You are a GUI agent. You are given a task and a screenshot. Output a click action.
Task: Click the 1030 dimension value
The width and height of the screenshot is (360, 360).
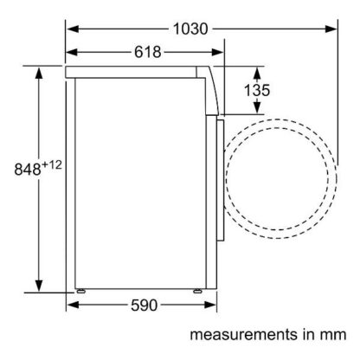pyautogui.click(x=190, y=29)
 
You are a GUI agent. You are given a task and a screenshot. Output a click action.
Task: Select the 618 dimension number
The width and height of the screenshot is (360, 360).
pyautogui.click(x=148, y=52)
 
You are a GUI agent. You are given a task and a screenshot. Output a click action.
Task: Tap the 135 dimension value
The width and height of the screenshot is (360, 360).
pyautogui.click(x=257, y=90)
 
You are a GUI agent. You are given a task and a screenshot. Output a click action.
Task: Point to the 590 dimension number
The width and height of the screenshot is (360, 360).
pyautogui.click(x=145, y=305)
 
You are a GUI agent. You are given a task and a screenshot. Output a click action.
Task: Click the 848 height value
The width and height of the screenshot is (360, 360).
pyautogui.click(x=28, y=170)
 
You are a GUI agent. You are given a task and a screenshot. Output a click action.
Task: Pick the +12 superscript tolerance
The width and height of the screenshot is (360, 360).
pyautogui.click(x=52, y=165)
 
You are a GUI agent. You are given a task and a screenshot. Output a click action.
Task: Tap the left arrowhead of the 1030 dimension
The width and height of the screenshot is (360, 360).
pyautogui.click(x=73, y=29)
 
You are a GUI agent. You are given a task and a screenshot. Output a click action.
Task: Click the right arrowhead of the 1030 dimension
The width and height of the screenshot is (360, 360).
pyautogui.click(x=331, y=29)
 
